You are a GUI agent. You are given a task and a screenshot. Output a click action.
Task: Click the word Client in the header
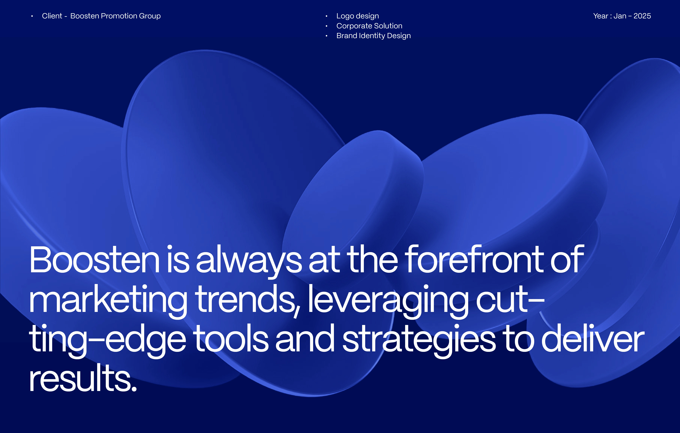(52, 16)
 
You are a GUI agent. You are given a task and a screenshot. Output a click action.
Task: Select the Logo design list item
(358, 16)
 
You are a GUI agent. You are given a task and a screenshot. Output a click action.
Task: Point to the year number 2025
(642, 16)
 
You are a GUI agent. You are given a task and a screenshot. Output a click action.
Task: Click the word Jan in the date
(620, 16)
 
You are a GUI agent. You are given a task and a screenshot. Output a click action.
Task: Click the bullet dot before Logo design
(327, 16)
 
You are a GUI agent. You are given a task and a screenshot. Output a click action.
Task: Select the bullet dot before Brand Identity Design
(327, 36)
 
